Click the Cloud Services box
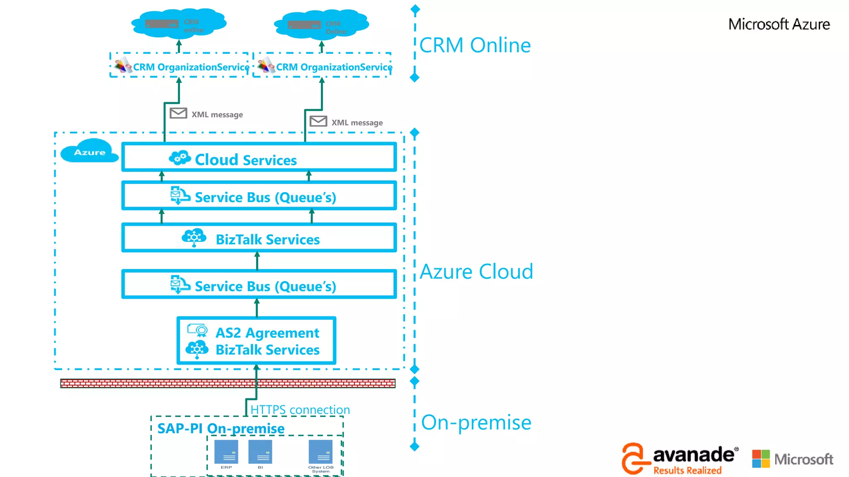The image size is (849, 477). tap(259, 157)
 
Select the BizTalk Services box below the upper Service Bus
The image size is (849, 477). tap(259, 238)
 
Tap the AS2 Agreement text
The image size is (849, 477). tap(267, 333)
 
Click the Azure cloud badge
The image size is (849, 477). tap(89, 152)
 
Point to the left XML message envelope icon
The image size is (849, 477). tap(178, 113)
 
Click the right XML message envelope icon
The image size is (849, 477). tap(318, 121)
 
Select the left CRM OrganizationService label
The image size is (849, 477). tap(191, 67)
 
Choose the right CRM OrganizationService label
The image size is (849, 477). tap(334, 67)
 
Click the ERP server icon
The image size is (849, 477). tap(226, 452)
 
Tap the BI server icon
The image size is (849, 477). tap(260, 452)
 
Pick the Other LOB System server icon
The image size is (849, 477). tap(320, 452)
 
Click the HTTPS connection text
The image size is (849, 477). tap(300, 410)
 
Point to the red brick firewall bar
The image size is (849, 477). tap(228, 383)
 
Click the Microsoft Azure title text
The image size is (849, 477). tap(779, 24)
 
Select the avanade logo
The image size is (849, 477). tap(680, 458)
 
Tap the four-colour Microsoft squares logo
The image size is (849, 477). tap(761, 459)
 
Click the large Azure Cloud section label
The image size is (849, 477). tap(476, 272)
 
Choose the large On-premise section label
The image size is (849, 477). tap(476, 423)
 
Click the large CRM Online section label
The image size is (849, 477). tap(475, 45)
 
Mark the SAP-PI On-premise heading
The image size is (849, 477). tap(221, 428)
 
